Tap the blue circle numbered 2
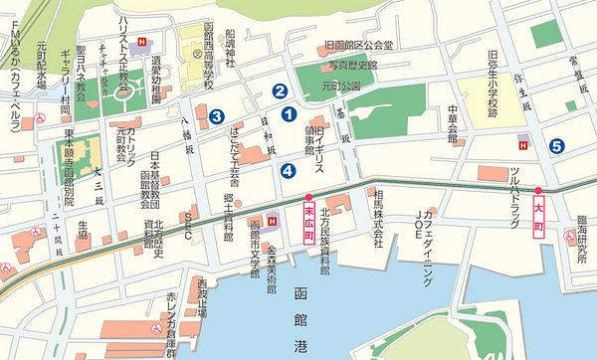(x=281, y=90)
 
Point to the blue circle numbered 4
(x=288, y=171)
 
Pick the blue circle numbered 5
(x=556, y=147)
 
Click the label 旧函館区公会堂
(x=359, y=45)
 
